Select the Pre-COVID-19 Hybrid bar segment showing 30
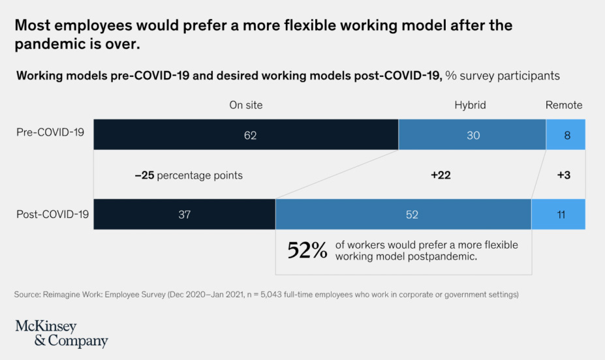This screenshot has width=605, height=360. click(x=473, y=135)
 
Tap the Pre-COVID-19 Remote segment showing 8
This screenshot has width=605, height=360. click(x=566, y=135)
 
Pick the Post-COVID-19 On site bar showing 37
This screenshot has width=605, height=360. click(x=185, y=214)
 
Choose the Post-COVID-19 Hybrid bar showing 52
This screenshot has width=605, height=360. click(x=403, y=214)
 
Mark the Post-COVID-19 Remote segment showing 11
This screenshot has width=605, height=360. click(x=559, y=214)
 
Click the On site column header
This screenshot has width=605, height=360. click(x=246, y=105)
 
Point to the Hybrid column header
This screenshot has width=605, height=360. click(x=471, y=105)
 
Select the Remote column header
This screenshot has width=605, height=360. click(x=564, y=105)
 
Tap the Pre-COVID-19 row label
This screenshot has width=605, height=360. click(x=50, y=132)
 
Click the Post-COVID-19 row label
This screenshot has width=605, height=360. click(x=52, y=213)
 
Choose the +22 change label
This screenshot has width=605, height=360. click(x=441, y=175)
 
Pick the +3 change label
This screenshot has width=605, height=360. click(x=564, y=175)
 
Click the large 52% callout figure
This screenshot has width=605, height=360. click(x=307, y=250)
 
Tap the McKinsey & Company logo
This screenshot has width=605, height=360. click(x=61, y=333)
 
